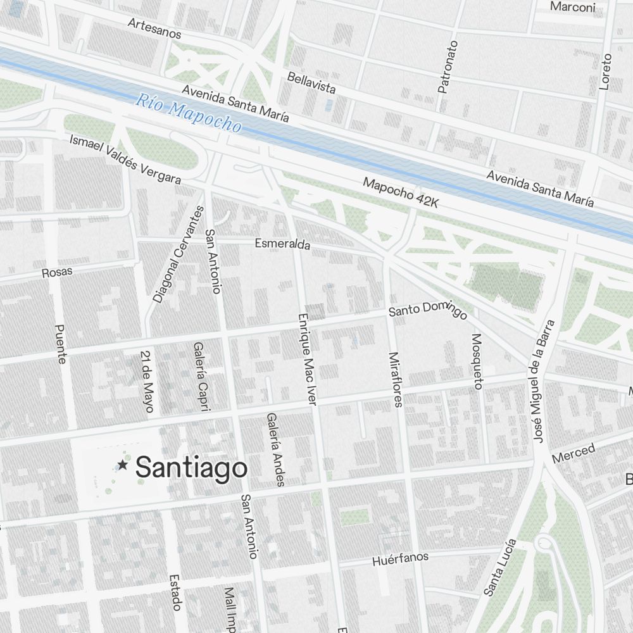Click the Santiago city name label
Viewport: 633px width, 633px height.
click(191, 468)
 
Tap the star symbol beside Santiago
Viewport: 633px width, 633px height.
click(123, 466)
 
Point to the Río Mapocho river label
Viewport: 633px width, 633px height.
click(189, 113)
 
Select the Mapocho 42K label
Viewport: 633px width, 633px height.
click(401, 192)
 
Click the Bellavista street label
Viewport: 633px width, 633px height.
click(311, 82)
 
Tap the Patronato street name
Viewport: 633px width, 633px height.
click(448, 67)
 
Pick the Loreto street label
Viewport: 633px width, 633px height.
click(606, 71)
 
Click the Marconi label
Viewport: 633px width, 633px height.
click(573, 8)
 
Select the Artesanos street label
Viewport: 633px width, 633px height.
click(154, 28)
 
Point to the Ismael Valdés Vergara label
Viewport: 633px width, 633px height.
click(125, 159)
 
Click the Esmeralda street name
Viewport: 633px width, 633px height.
click(282, 244)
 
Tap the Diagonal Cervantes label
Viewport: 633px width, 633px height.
click(179, 254)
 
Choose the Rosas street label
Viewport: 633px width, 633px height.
click(57, 272)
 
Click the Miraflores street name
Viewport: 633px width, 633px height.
click(396, 379)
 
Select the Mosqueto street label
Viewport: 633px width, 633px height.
click(477, 361)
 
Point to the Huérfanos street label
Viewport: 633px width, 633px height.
click(400, 559)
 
